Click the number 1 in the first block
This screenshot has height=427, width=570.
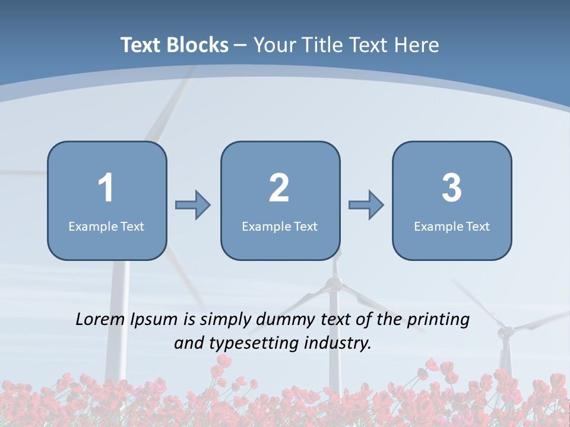click(106, 188)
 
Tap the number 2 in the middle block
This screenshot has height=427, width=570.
click(279, 188)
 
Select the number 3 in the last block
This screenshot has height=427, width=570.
click(452, 188)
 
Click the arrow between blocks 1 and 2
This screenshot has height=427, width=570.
click(193, 205)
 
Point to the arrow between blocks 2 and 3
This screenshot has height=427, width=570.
click(366, 205)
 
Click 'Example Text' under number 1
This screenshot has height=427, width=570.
click(106, 226)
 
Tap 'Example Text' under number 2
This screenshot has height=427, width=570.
click(280, 226)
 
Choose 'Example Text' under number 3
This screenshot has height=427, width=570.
click(452, 226)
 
